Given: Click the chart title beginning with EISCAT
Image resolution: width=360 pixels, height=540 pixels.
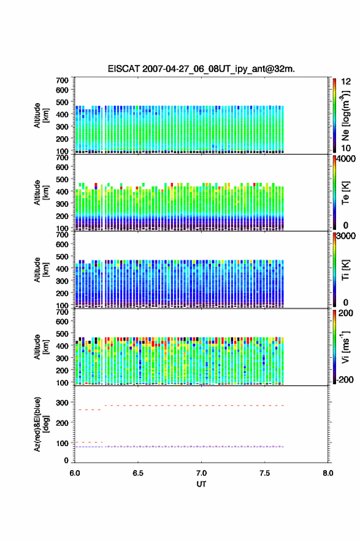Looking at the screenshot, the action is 201,69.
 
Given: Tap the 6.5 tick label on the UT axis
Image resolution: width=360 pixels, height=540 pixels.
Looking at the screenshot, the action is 138,473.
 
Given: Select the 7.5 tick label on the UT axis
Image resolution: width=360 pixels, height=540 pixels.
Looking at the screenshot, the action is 265,473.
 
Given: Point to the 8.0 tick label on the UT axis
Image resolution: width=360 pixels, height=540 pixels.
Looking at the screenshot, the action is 328,473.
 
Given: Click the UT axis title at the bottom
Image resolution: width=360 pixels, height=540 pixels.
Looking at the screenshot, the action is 201,484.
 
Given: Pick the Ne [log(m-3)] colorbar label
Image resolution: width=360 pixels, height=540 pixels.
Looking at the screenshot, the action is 345,115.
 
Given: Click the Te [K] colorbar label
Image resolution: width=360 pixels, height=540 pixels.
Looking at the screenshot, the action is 345,193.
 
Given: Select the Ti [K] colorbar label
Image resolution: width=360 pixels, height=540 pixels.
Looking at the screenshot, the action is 345,269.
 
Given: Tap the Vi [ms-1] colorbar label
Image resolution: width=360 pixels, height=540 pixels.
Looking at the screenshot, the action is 345,347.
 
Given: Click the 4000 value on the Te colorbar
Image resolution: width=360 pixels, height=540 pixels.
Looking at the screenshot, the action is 347,159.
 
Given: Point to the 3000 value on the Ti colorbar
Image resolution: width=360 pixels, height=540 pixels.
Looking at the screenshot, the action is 347,236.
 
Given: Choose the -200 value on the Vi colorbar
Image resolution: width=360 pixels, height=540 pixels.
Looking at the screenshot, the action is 345,379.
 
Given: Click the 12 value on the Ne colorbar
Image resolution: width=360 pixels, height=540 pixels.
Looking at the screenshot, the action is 346,82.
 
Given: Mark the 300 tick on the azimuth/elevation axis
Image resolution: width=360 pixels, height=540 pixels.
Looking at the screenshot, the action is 63,403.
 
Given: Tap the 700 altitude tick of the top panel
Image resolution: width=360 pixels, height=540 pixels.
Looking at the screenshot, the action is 63,80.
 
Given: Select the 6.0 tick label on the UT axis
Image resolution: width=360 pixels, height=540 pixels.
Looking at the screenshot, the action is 75,473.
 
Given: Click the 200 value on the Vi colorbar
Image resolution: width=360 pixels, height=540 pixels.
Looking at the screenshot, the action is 346,313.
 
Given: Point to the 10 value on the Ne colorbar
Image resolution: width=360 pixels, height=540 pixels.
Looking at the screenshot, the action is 346,148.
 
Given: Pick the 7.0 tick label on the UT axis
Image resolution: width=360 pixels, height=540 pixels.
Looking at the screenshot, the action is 201,473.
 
